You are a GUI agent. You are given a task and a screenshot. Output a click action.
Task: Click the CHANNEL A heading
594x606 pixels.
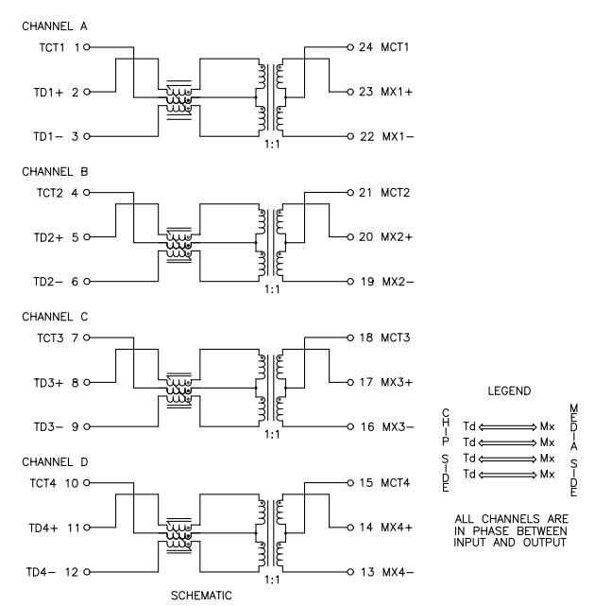55,26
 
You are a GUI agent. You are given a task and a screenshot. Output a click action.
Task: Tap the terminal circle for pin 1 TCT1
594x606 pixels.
87,47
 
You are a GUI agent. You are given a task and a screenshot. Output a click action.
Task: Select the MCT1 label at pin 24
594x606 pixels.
395,47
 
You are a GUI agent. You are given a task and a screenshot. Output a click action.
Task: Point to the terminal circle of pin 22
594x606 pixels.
350,136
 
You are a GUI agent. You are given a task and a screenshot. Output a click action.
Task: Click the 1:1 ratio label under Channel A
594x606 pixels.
272,145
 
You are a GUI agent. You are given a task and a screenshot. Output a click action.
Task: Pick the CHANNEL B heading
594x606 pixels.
55,172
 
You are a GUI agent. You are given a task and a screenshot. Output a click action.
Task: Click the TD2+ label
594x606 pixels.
48,237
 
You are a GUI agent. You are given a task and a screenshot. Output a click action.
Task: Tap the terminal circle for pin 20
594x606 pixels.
350,237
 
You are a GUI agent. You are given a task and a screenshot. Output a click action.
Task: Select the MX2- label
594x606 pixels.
398,282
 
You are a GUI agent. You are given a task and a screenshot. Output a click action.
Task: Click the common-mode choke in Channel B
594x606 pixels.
179,245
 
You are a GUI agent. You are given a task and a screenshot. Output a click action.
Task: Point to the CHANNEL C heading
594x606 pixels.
55,317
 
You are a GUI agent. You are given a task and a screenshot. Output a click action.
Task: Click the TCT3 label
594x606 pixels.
50,338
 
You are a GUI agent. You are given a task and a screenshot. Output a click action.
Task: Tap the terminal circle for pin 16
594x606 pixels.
350,426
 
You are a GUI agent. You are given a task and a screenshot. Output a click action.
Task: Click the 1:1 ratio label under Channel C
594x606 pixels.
272,435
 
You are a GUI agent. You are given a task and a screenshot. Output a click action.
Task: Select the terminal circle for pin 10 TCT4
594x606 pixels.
87,483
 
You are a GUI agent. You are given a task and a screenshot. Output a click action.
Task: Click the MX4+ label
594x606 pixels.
397,528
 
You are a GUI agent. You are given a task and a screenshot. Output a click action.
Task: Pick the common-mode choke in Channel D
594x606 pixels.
179,536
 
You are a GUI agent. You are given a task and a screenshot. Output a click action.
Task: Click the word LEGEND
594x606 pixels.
509,391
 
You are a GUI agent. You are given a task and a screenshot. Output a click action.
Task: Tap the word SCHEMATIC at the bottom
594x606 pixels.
201,596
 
